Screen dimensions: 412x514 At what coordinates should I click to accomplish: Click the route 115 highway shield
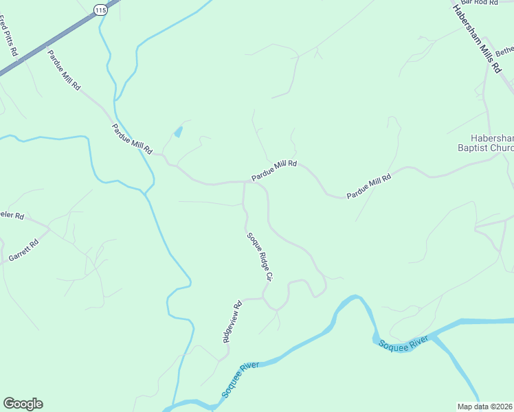pyautogui.click(x=101, y=10)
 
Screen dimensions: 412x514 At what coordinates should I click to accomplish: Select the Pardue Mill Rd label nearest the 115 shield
pyautogui.click(x=64, y=70)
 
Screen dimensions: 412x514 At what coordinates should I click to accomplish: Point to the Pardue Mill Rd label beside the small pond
pyautogui.click(x=131, y=138)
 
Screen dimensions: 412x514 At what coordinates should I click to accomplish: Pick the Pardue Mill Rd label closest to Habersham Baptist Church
pyautogui.click(x=368, y=186)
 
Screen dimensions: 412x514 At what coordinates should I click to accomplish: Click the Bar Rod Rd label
pyautogui.click(x=480, y=3)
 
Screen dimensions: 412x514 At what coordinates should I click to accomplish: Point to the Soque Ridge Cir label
pyautogui.click(x=260, y=256)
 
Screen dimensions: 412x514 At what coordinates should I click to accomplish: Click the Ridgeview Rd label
pyautogui.click(x=232, y=322)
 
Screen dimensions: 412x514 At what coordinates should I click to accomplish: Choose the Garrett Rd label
pyautogui.click(x=24, y=250)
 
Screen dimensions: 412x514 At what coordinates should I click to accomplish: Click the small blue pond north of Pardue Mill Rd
pyautogui.click(x=179, y=130)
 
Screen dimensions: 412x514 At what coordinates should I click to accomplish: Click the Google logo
pyautogui.click(x=23, y=404)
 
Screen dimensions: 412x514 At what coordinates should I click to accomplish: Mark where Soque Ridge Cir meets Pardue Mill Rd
pyautogui.click(x=245, y=182)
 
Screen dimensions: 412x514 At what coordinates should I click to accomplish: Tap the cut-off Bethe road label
pyautogui.click(x=504, y=51)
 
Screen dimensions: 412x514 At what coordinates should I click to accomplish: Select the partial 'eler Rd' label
pyautogui.click(x=12, y=216)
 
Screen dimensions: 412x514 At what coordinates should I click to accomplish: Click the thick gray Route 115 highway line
pyautogui.click(x=41, y=48)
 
